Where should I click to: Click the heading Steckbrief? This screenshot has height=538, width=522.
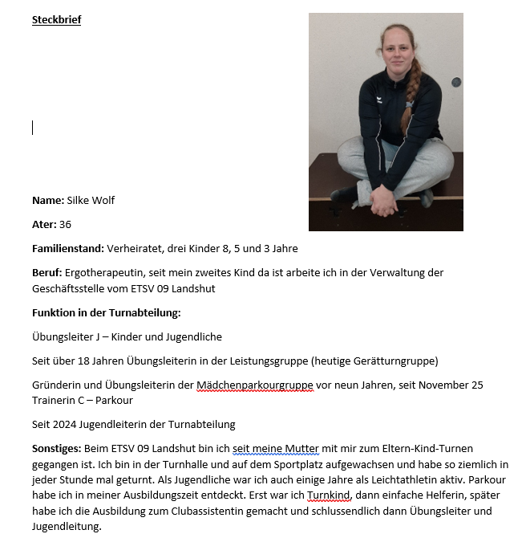pos(56,20)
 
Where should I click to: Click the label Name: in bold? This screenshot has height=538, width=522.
pos(47,200)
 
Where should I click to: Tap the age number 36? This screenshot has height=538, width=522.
pos(65,224)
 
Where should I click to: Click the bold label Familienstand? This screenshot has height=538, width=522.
pos(70,248)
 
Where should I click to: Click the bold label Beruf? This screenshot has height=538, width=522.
pos(47,272)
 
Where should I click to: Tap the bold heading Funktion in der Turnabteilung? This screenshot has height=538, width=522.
pos(106,312)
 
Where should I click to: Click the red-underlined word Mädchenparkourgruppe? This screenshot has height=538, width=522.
pos(254,385)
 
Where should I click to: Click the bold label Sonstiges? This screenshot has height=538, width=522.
pos(56,448)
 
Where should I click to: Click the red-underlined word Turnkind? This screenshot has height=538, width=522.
pos(329,495)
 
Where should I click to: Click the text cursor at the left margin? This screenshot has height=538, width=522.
pos(33,128)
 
